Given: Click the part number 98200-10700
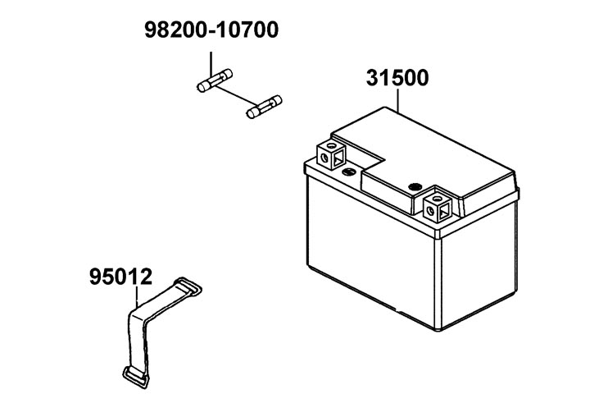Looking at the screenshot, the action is click(211, 30).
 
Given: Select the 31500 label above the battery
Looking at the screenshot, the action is click(397, 78).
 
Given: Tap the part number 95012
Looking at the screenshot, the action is click(120, 277).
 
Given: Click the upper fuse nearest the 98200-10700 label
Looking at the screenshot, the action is click(215, 80).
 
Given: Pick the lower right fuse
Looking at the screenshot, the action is click(264, 107).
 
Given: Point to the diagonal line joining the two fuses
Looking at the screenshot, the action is click(236, 95).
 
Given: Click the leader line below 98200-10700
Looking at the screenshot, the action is click(211, 64).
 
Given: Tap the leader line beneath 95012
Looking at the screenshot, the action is click(137, 296).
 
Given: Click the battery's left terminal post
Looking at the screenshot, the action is click(332, 155).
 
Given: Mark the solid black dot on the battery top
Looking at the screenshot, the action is click(415, 186).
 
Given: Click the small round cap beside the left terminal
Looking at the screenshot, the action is click(349, 172).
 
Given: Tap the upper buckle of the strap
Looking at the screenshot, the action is click(188, 286).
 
